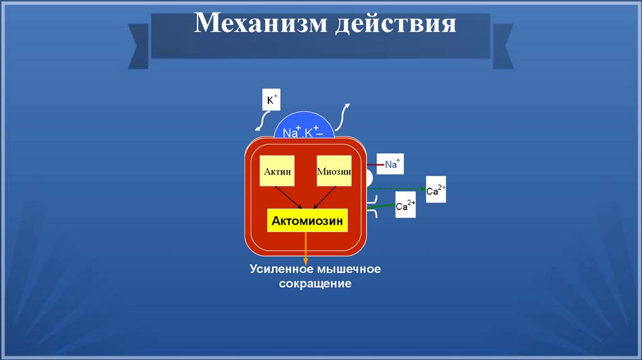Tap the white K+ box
271,100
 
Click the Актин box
277,170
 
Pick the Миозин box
334,170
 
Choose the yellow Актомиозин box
307,221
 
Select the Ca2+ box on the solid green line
406,205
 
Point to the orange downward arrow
306,248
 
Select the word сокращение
315,284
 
